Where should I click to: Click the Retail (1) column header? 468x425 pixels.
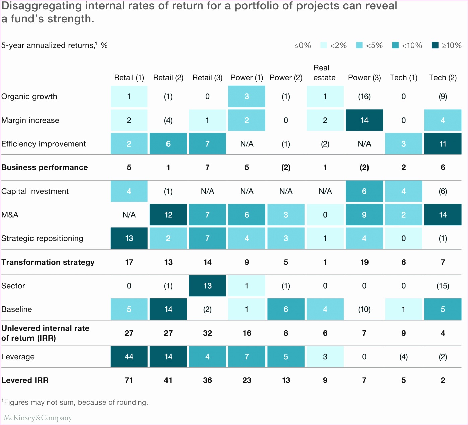coord(129,78)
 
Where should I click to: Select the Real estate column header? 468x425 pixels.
coord(324,73)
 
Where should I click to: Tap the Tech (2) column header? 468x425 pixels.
coord(443,78)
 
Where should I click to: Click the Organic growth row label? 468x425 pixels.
coord(29,97)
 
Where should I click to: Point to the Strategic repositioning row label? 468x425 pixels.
coord(42,238)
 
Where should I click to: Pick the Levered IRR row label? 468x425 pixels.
coord(25,380)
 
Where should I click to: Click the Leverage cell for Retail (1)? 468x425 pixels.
coord(129,357)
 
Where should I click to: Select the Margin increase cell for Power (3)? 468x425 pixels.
coord(364,120)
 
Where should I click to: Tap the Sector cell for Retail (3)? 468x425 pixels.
coord(207,286)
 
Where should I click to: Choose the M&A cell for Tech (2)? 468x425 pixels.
coord(443,215)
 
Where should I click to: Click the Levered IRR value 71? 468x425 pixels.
coord(129,380)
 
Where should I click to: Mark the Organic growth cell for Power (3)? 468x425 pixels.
coord(364,97)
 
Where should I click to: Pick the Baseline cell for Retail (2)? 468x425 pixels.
coord(168,309)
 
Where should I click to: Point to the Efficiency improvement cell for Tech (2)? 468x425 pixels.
coord(443,144)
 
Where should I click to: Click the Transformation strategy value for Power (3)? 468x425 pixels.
coord(364,262)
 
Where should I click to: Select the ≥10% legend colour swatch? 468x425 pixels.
coord(435,45)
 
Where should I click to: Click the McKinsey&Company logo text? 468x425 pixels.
coord(38,418)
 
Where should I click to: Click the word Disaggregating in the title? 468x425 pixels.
coord(42,6)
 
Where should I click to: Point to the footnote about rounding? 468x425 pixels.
coord(75,402)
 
